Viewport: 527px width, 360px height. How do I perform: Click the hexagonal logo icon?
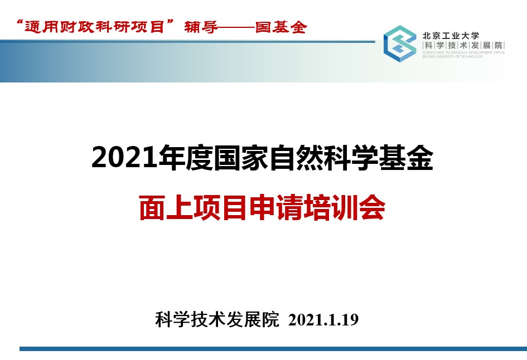(x=400, y=43)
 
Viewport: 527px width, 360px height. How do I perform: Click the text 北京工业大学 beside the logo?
(x=451, y=36)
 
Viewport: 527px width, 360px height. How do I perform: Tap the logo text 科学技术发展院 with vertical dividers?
(x=463, y=45)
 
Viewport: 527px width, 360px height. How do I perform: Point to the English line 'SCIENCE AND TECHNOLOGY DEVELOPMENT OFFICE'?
(x=463, y=53)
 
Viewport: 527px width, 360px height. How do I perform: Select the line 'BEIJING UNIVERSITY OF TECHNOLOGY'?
(x=453, y=56)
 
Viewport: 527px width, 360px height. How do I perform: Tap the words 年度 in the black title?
(x=186, y=158)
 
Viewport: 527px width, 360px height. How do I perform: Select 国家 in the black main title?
(x=241, y=158)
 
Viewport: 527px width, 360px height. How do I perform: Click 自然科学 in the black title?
(x=323, y=158)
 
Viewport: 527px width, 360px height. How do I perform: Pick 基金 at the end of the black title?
(x=406, y=158)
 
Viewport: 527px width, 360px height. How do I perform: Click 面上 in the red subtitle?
(x=166, y=208)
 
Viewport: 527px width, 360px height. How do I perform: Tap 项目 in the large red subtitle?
(x=221, y=208)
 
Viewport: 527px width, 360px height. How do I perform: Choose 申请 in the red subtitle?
(x=276, y=208)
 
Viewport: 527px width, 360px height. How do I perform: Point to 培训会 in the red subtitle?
(x=345, y=208)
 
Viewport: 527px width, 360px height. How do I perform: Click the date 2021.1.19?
(x=323, y=320)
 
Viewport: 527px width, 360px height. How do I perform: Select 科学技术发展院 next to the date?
(x=217, y=319)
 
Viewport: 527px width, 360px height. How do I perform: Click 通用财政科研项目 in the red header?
(x=94, y=27)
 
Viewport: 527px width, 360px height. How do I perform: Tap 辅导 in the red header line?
(x=201, y=27)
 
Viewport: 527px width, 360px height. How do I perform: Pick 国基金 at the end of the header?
(x=281, y=27)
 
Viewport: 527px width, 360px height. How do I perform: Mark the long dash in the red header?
(x=236, y=27)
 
